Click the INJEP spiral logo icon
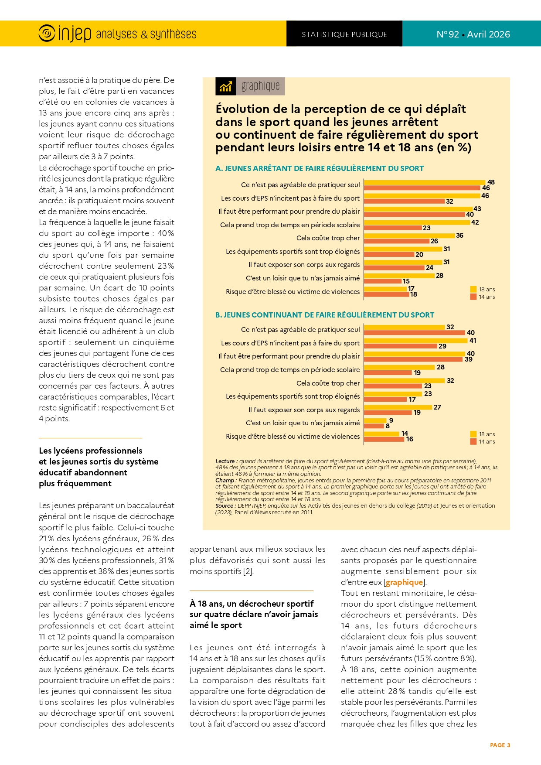[47, 34]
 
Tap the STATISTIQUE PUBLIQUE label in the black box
[344, 34]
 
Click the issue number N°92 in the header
[448, 34]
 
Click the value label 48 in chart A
[491, 182]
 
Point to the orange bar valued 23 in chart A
[392, 228]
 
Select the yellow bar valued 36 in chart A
[409, 236]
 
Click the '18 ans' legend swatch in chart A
[473, 289]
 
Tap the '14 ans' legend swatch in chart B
[473, 441]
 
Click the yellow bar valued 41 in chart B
[415, 341]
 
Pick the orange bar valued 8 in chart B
[374, 426]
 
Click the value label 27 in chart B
[437, 407]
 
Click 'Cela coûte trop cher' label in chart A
[328, 238]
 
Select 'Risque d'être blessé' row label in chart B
[293, 437]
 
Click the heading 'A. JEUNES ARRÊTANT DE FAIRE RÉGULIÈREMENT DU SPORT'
[320, 168]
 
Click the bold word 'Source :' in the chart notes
[225, 505]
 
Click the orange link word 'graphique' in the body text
[404, 582]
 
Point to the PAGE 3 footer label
[500, 745]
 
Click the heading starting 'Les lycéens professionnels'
[91, 451]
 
